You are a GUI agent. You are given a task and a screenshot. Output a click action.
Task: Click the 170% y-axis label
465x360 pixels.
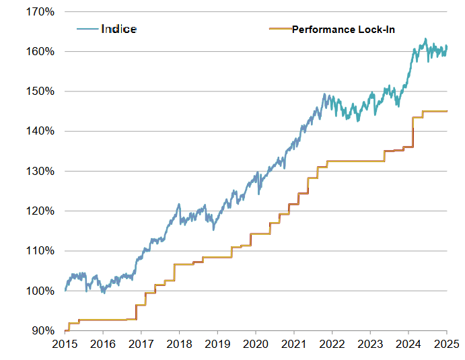[40, 12]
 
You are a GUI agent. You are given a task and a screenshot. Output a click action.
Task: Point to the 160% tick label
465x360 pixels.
[40, 52]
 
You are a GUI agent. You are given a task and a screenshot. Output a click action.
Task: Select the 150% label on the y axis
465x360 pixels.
[40, 92]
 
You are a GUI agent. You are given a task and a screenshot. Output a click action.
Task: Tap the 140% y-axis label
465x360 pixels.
[40, 131]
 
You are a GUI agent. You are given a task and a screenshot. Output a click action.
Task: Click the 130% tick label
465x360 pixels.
[40, 171]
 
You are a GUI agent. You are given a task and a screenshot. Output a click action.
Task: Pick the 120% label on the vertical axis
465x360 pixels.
[40, 211]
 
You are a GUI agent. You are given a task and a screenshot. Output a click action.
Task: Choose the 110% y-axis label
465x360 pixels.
[40, 251]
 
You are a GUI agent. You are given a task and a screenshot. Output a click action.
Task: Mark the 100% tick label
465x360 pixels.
[40, 291]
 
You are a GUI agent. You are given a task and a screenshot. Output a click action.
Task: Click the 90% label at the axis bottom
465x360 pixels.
[43, 331]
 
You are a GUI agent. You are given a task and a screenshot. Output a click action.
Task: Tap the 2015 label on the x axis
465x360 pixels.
[65, 345]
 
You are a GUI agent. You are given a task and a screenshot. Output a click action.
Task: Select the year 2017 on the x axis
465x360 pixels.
[141, 345]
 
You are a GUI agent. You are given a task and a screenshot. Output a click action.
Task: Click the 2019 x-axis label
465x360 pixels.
[217, 345]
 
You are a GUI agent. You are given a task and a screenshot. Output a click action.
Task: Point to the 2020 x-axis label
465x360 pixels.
[256, 345]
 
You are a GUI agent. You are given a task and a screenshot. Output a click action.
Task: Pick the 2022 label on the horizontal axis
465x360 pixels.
[332, 345]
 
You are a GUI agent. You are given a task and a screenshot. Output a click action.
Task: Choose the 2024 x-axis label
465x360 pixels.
[408, 345]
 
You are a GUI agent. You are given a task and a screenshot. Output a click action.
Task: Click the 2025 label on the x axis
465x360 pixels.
[447, 345]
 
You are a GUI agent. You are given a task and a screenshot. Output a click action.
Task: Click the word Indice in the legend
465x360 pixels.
[118, 29]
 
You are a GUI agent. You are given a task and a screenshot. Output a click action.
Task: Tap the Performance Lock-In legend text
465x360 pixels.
[343, 30]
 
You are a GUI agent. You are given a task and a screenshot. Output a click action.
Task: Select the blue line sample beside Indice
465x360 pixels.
[87, 29]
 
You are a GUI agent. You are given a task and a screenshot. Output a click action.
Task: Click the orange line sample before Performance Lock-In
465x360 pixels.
[280, 29]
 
